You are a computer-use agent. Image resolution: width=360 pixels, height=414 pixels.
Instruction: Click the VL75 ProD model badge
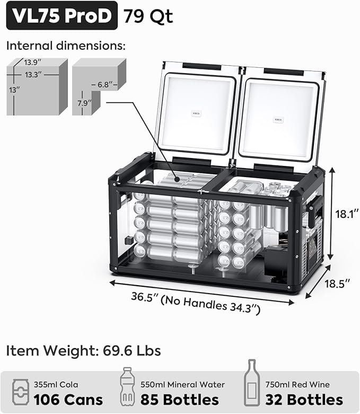click(x=62, y=15)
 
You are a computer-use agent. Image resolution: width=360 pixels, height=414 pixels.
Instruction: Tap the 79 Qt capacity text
click(x=148, y=16)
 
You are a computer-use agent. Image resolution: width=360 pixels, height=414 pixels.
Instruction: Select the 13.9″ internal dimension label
click(x=33, y=63)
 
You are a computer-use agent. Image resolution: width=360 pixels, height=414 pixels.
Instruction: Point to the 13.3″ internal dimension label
click(x=33, y=75)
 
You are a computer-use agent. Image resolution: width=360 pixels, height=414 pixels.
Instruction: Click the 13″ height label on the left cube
click(x=14, y=90)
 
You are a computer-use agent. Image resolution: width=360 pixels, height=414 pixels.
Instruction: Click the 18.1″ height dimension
click(x=347, y=214)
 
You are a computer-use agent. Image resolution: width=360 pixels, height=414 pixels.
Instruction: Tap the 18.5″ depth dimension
click(x=337, y=284)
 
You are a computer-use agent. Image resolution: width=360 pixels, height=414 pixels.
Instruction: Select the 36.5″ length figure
click(x=145, y=297)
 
